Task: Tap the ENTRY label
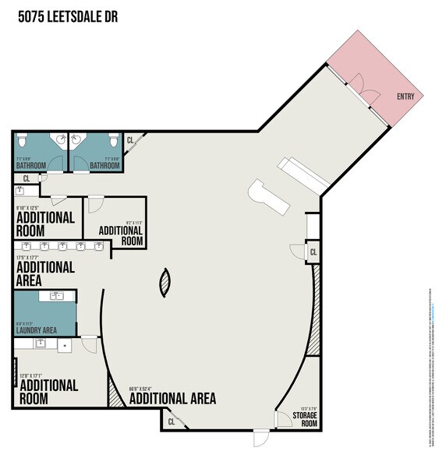pos(405,97)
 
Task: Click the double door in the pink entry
pos(361,86)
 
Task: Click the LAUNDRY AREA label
pos(36,330)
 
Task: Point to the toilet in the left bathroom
pos(22,140)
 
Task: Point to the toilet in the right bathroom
pos(112,141)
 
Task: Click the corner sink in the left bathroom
pos(59,140)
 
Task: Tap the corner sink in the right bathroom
pos(76,140)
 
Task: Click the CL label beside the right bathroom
pos(130,141)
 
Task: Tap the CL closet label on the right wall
pos(313,252)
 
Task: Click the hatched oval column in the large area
pos(165,282)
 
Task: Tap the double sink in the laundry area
pos(57,295)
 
